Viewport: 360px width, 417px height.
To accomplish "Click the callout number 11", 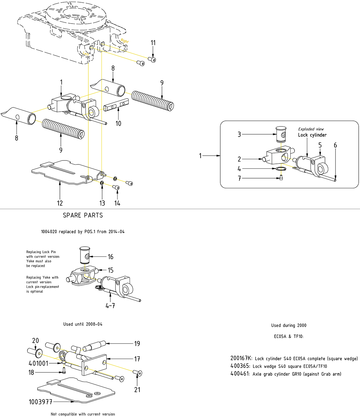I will pos(153,43).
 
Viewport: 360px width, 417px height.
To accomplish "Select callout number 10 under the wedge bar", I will pos(118,123).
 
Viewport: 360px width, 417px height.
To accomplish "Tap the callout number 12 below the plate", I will pos(60,203).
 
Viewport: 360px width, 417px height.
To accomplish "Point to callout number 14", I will pos(117,203).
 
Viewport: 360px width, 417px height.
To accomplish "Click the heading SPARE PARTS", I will pos(83,215).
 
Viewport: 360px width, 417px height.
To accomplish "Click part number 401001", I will pos(39,363).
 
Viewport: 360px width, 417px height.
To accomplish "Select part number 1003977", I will pos(41,402).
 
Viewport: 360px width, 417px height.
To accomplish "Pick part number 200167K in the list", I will pos(241,358).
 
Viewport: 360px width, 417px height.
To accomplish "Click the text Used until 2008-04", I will pos(83,324).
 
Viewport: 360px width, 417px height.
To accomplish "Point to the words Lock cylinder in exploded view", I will pos(312,135).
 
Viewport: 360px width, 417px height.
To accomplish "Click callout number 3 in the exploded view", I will pos(239,134).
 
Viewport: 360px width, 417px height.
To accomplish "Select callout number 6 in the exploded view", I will pos(335,145).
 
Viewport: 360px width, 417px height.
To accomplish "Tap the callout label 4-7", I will pos(110,306).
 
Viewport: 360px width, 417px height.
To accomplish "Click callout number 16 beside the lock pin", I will pos(111,257).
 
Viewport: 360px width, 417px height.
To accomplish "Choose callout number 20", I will pos(35,341).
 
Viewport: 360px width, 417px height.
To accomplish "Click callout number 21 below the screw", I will pos(137,389).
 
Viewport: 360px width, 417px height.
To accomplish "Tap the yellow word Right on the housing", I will pos(125,41).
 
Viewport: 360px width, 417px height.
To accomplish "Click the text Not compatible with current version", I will pos(83,414).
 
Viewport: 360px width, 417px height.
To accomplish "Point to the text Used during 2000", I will pos(289,325).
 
